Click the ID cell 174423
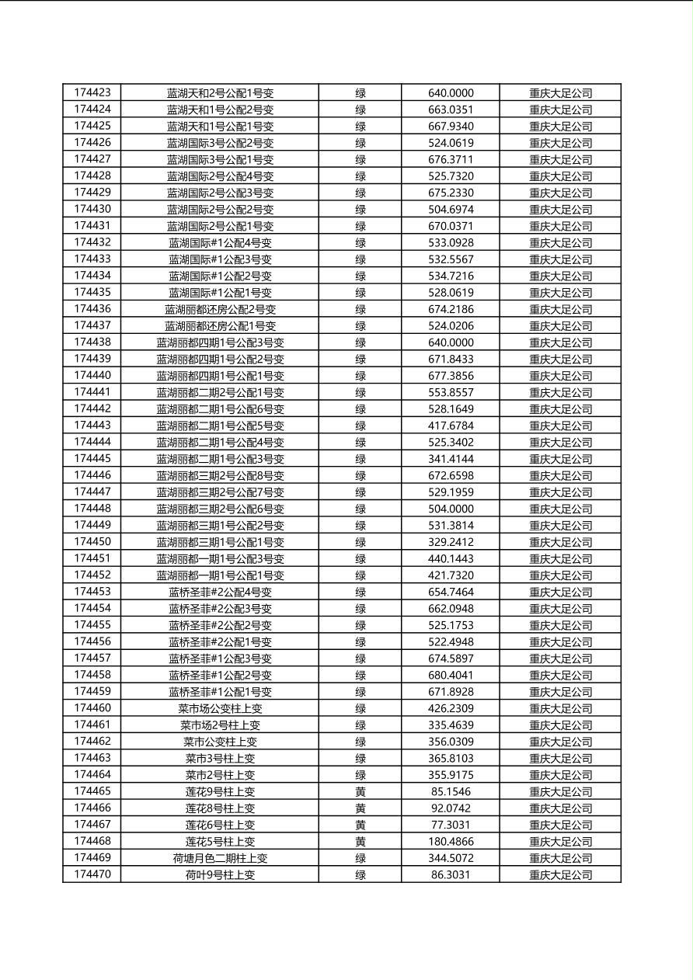click(92, 92)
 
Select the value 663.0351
click(451, 109)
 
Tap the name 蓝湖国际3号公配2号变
click(220, 143)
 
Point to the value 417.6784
click(451, 426)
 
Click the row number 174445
click(92, 458)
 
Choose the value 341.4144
click(451, 459)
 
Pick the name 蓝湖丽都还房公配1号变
click(220, 326)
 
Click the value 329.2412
click(451, 542)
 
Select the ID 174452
click(92, 575)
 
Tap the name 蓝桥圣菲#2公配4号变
click(220, 592)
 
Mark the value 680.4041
click(451, 675)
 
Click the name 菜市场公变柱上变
click(220, 708)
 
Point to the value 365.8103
click(451, 758)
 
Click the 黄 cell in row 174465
click(360, 791)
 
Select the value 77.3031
click(451, 825)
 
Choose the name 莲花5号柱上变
click(220, 841)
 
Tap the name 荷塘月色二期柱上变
click(220, 858)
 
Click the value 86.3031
click(451, 874)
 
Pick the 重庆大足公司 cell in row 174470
click(560, 874)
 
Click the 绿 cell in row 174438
click(360, 342)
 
